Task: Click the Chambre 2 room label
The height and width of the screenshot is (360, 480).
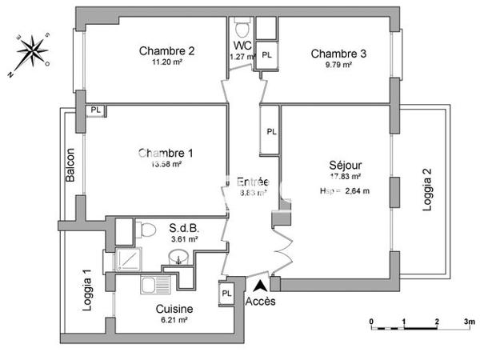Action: pos(168,53)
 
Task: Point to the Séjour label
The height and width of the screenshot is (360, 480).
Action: pos(340,164)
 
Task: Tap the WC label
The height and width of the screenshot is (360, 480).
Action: pos(242,45)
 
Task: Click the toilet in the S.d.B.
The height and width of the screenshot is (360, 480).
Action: pos(146,231)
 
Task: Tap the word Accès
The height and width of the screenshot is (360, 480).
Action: pos(260,302)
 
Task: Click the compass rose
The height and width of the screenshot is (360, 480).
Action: pos(34,50)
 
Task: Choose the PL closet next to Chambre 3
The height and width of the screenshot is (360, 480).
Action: pos(266,55)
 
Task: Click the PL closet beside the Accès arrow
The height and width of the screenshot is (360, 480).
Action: pos(226,293)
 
